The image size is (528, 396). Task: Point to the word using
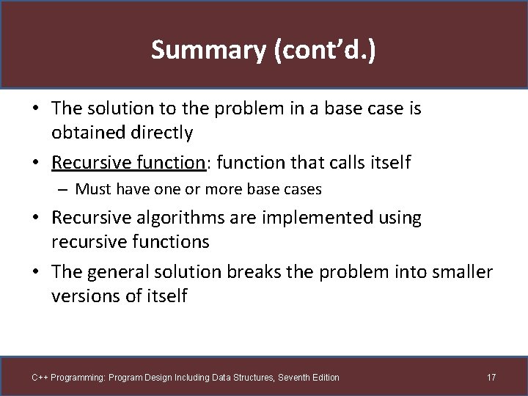pos(398,218)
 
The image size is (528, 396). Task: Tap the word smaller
pos(462,272)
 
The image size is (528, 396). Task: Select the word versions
pos(81,296)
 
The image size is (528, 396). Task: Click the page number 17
pos(491,378)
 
